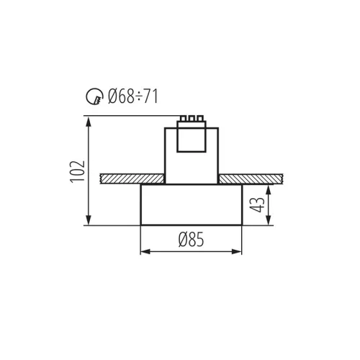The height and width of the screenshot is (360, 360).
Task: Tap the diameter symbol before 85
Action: pos(182,240)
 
